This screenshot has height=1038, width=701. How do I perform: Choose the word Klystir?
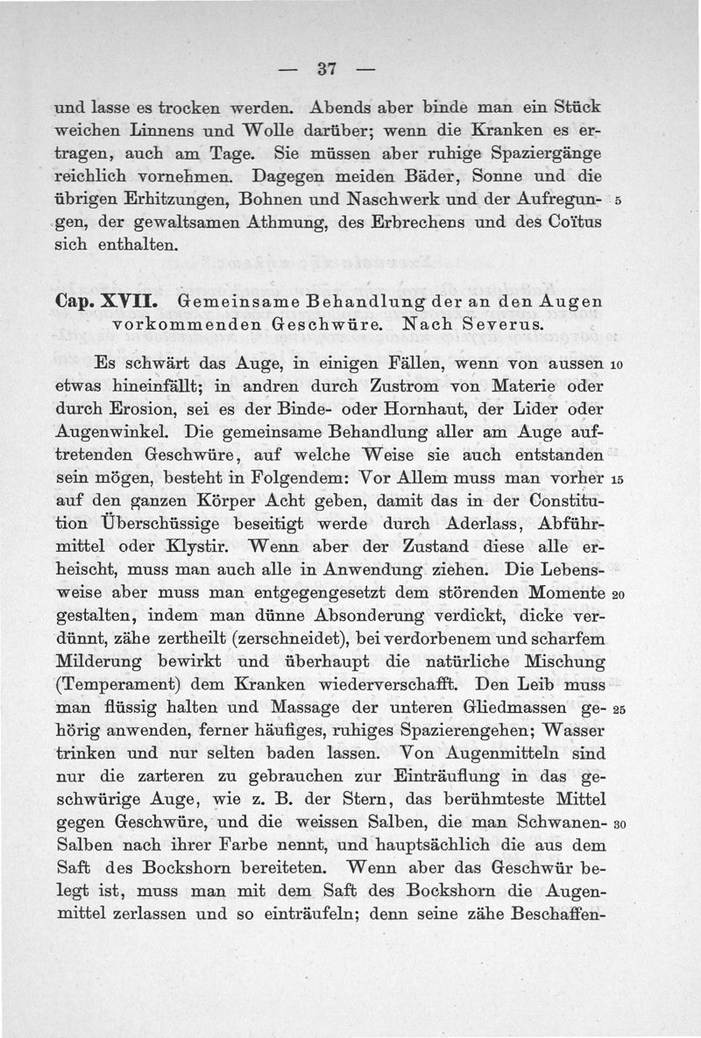[195, 548]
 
